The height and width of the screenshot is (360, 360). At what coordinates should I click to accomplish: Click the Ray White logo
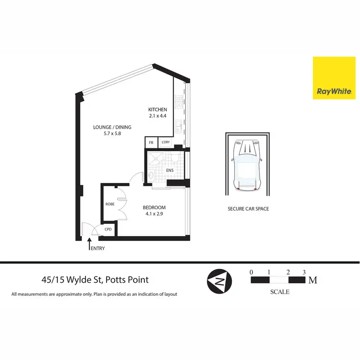[334, 78]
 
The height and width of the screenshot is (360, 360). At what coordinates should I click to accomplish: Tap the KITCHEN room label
[157, 109]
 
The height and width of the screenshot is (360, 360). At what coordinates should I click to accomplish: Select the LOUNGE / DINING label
[112, 127]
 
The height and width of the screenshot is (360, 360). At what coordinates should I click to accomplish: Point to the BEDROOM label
[154, 208]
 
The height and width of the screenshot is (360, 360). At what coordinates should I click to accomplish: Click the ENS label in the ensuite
[169, 170]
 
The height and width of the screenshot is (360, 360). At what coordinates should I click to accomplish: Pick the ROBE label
[109, 204]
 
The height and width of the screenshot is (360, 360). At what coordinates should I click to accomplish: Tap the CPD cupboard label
[108, 229]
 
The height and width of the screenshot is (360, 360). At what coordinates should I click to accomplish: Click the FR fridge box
[151, 143]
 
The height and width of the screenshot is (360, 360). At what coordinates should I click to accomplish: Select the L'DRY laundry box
[166, 143]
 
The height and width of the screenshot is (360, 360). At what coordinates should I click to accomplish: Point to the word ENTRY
[97, 249]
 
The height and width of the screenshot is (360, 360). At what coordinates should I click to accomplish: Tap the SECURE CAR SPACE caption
[248, 209]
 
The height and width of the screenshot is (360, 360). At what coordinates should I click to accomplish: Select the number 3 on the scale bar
[304, 272]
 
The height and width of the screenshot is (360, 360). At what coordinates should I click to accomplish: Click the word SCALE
[280, 291]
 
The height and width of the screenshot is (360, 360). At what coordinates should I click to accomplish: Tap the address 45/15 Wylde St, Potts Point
[95, 280]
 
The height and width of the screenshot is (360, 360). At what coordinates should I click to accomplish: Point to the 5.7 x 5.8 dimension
[112, 134]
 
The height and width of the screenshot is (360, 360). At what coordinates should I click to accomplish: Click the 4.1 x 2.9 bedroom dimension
[154, 215]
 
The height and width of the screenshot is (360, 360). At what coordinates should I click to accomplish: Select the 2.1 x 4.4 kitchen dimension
[157, 116]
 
